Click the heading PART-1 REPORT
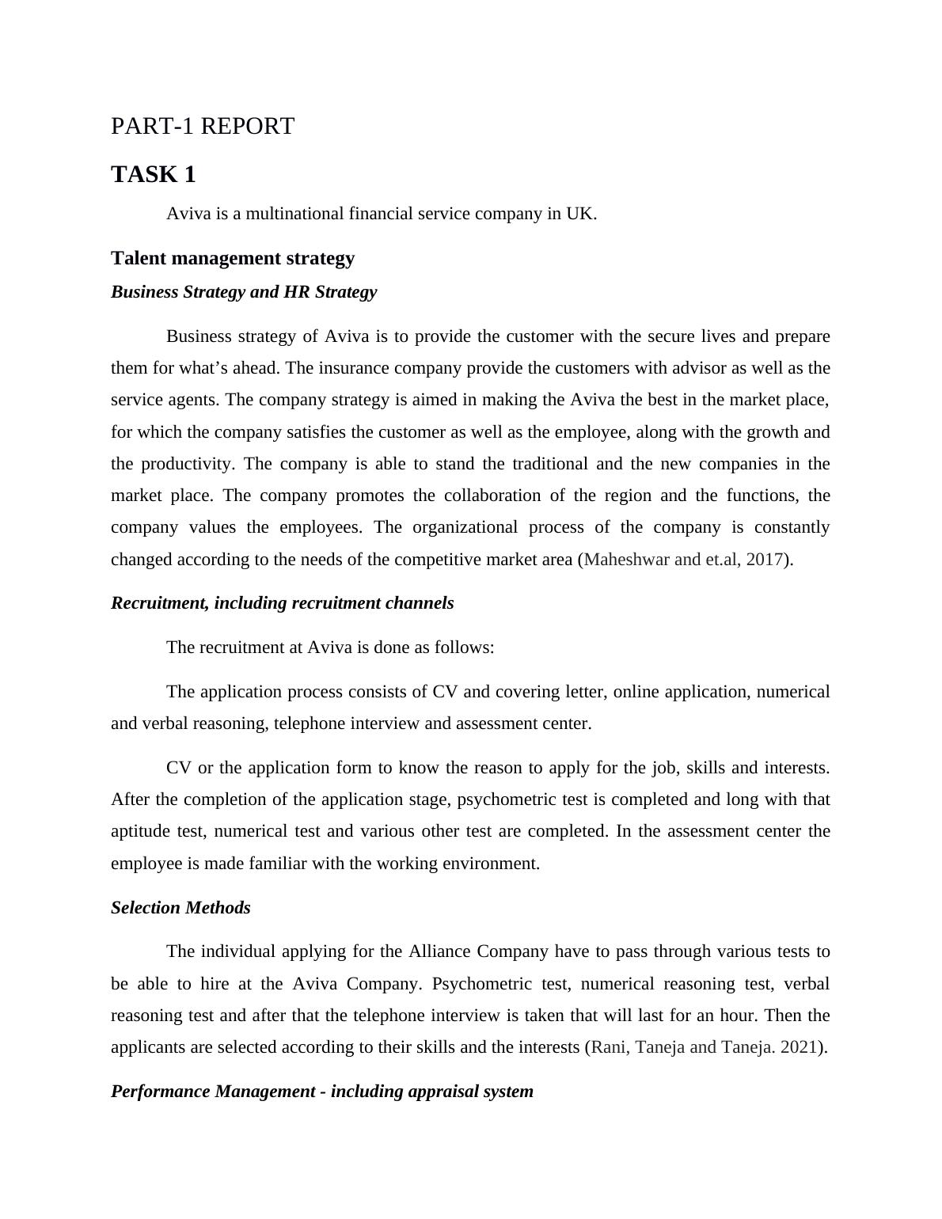pos(203,127)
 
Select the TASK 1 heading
pos(154,175)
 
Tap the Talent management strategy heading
pos(233,259)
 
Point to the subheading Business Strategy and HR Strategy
pos(244,292)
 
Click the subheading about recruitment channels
pos(283,603)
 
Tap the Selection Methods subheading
pos(180,908)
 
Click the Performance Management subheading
pos(322,1092)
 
